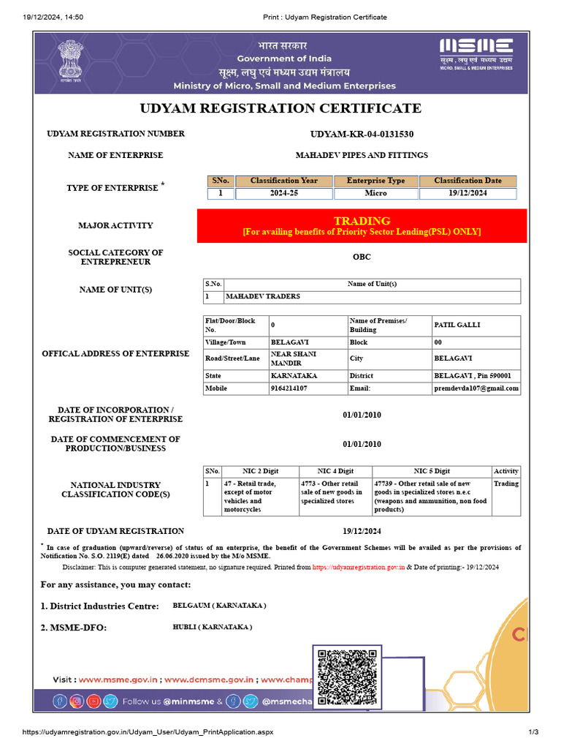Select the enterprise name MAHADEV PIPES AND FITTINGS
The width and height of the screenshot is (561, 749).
[362, 155]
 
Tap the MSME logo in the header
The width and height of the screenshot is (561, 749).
[476, 53]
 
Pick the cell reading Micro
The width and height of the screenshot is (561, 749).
[375, 193]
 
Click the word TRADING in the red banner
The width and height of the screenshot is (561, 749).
[362, 221]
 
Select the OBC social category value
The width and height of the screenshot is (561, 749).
[362, 257]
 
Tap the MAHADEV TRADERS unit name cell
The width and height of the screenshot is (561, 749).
[263, 297]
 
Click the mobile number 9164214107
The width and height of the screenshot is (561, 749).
[289, 388]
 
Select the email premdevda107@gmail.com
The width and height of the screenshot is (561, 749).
[476, 388]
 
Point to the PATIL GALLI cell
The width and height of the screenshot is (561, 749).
[457, 324]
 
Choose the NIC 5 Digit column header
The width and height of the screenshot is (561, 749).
[432, 471]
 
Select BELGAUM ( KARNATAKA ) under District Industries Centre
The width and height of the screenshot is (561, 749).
[219, 606]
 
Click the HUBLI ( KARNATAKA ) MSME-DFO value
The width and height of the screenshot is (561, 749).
[212, 627]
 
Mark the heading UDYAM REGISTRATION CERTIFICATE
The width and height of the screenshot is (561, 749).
[280, 108]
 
